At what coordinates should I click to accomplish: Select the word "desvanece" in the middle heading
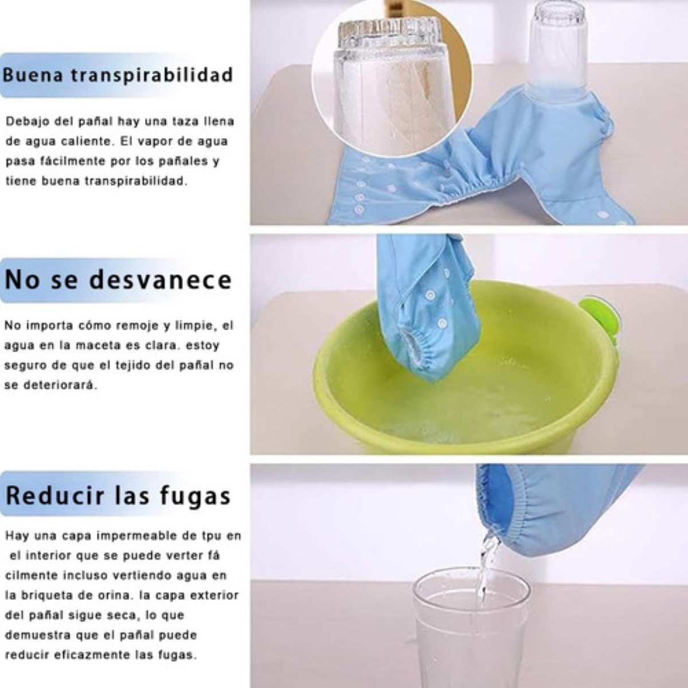tap(161, 280)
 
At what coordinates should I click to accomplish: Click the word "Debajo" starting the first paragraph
tap(26, 122)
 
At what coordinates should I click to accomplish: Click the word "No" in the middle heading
tap(22, 280)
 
